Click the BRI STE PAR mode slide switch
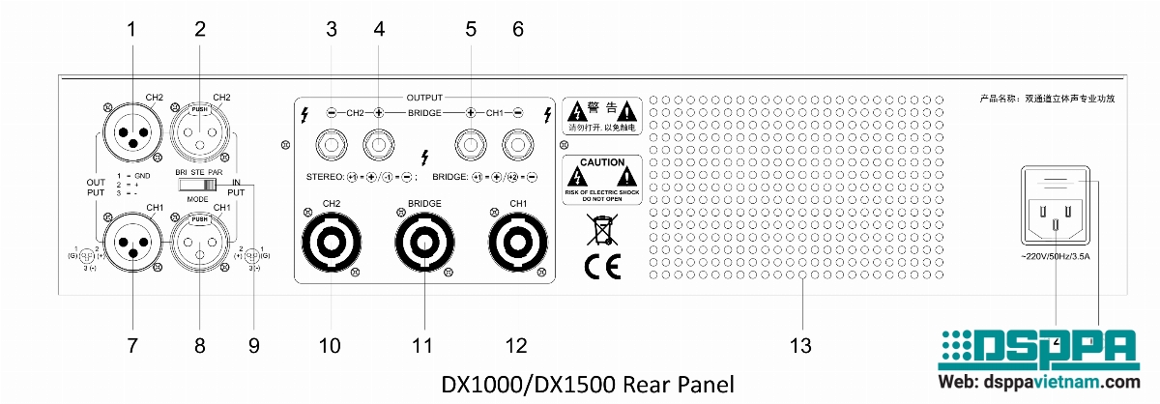199,182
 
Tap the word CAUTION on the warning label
601,162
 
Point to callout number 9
253,345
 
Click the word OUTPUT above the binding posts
423,98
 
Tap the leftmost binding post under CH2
332,147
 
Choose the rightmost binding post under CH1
517,147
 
